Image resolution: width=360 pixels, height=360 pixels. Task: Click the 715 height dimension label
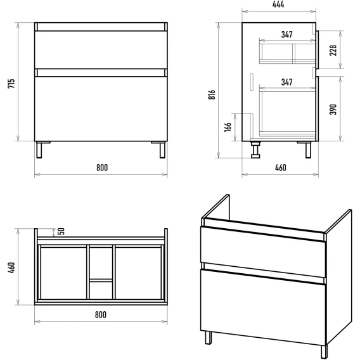coord(11,84)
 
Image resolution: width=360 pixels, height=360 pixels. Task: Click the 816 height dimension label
coord(212,94)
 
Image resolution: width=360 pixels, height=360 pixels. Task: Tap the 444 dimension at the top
coord(278,4)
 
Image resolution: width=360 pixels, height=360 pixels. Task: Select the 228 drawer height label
coord(333,50)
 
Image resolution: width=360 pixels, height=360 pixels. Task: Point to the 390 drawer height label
coord(333,109)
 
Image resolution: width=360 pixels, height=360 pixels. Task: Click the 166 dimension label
coord(228,127)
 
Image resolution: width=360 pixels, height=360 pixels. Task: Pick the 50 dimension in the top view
coord(61,231)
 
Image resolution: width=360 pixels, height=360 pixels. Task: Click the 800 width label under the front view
coord(102,167)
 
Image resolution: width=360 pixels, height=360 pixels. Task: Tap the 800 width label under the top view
coord(101,314)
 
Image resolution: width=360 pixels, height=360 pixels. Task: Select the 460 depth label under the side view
coord(281,167)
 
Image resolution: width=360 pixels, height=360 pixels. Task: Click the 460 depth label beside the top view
coord(11,267)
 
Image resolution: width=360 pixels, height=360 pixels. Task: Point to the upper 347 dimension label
coord(287,34)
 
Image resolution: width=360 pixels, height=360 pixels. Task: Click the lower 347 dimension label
coord(287,82)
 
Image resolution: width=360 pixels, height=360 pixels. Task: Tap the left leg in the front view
coord(39,150)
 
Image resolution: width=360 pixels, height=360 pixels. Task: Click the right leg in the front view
coord(162,150)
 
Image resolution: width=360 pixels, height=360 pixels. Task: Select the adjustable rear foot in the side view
coord(255,150)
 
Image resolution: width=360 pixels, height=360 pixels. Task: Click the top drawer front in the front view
coord(101,50)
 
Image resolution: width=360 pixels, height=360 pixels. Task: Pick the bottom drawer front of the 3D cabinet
coord(263,307)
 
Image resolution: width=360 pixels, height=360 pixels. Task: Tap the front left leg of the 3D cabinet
coord(209,337)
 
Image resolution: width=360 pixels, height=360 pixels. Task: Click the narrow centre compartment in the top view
coord(101,272)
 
